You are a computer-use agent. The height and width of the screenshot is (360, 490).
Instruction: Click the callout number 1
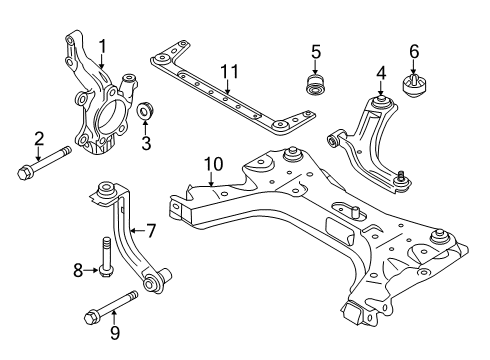pos(101,44)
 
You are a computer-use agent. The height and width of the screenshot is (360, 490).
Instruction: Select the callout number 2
pos(38,138)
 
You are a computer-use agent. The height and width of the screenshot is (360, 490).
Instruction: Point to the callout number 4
pos(381,71)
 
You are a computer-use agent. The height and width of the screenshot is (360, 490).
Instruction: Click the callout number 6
pos(413,49)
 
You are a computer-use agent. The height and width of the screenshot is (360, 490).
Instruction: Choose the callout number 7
pos(152,231)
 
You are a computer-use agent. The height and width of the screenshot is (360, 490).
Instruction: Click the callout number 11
pos(231,71)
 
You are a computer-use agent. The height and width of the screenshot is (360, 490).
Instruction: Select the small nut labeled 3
pos(144,110)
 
